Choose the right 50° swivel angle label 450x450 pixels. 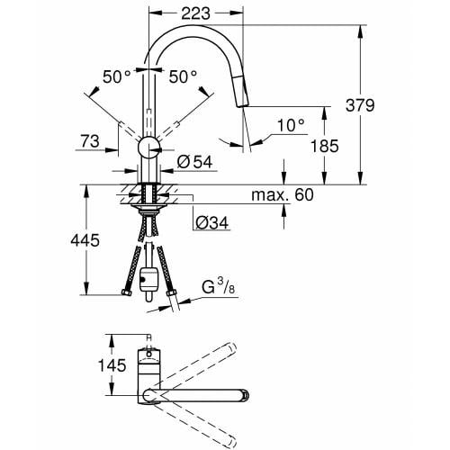182,77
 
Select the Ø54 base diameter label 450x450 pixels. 195,162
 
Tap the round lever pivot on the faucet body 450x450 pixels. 148,148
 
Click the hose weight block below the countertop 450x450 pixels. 149,275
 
